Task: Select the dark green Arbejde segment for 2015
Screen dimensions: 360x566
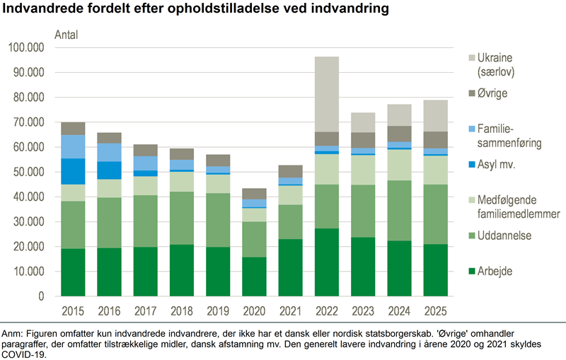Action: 73,272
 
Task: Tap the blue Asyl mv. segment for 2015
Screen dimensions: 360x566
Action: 73,171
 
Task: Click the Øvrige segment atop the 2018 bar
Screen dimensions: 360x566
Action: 183,154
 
